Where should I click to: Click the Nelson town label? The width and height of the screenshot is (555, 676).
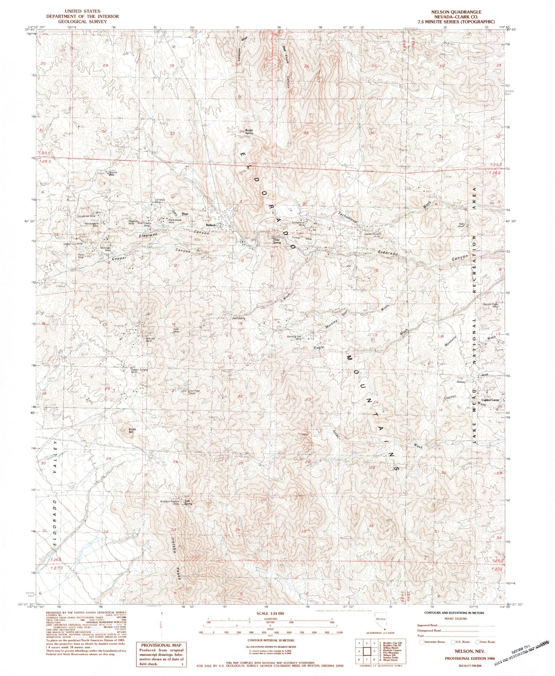point(211,225)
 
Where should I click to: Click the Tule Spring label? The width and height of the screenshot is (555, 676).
point(188,502)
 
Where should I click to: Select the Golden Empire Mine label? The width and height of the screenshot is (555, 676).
point(139,371)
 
